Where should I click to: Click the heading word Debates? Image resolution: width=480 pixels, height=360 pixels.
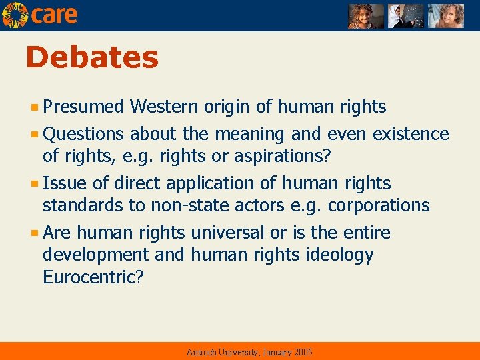[92, 58]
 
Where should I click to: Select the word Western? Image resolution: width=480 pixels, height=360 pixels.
[165, 107]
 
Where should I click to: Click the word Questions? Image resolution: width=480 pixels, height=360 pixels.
[83, 134]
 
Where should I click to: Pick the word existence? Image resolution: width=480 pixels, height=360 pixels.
[411, 134]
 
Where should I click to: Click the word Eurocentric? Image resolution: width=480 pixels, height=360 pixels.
[89, 277]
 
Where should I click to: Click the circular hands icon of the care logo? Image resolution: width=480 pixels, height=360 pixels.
[15, 15]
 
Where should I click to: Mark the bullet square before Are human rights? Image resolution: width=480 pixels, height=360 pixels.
[36, 233]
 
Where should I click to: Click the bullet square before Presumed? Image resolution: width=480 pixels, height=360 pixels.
[36, 107]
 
